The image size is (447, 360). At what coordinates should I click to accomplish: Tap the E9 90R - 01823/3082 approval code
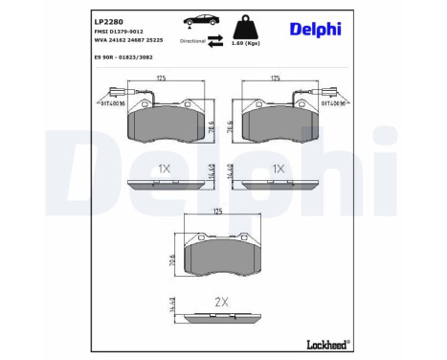click(x=129, y=57)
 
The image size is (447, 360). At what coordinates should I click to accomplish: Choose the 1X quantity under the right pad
click(x=279, y=169)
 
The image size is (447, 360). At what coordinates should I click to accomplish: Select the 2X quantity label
click(x=222, y=302)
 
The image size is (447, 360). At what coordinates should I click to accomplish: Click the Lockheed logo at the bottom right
click(x=324, y=342)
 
